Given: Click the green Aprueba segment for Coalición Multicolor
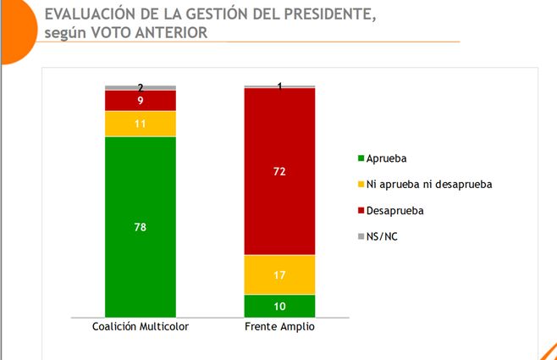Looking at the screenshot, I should [x=140, y=254].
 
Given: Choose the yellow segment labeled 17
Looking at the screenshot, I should [x=279, y=274].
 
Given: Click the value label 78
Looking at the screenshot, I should [x=140, y=226].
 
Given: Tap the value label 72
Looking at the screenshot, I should [x=279, y=172].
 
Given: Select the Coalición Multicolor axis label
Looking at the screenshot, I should [x=140, y=328].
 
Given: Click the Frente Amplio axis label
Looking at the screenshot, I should [x=279, y=328].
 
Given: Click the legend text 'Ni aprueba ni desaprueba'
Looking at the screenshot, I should [x=429, y=184].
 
